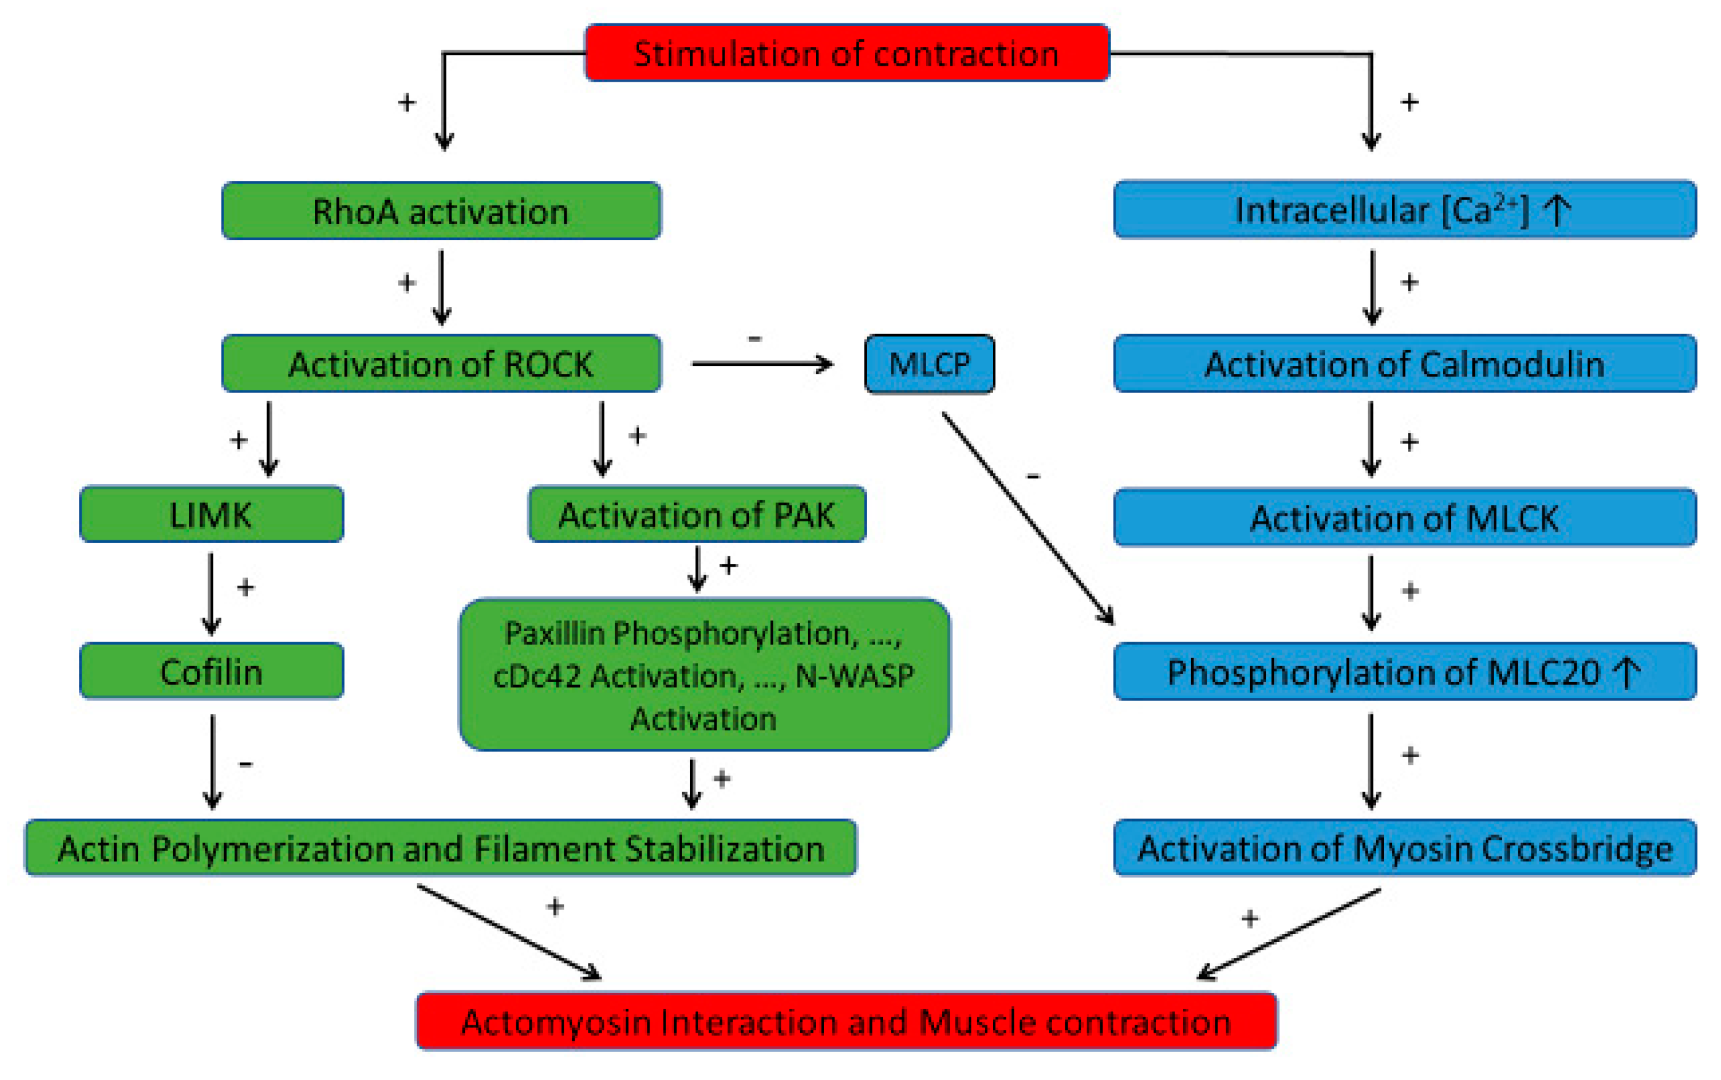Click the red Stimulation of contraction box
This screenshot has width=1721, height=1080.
(x=846, y=53)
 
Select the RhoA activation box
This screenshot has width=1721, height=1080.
(x=441, y=211)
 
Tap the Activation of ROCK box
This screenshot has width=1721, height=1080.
(x=441, y=363)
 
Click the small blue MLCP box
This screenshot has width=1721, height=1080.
(x=928, y=364)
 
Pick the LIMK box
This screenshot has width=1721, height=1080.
(x=211, y=515)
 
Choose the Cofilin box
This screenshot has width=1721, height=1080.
(x=211, y=672)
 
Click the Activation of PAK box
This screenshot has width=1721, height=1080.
(x=696, y=515)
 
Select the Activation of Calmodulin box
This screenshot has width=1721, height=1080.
(x=1404, y=363)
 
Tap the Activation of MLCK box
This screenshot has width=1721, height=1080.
(x=1404, y=518)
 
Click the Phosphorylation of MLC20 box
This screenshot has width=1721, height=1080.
(x=1404, y=672)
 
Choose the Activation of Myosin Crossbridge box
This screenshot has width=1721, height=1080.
(x=1404, y=848)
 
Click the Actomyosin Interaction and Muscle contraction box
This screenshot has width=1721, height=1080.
(x=846, y=1022)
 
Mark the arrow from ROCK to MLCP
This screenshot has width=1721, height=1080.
(x=762, y=363)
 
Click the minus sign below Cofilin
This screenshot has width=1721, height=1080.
(x=246, y=764)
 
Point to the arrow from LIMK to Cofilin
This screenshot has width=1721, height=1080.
(x=211, y=593)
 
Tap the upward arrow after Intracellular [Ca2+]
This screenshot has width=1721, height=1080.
(x=1556, y=210)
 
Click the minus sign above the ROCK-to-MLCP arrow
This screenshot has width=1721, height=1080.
(x=755, y=338)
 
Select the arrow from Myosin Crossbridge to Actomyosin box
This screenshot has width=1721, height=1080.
(x=1289, y=934)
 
